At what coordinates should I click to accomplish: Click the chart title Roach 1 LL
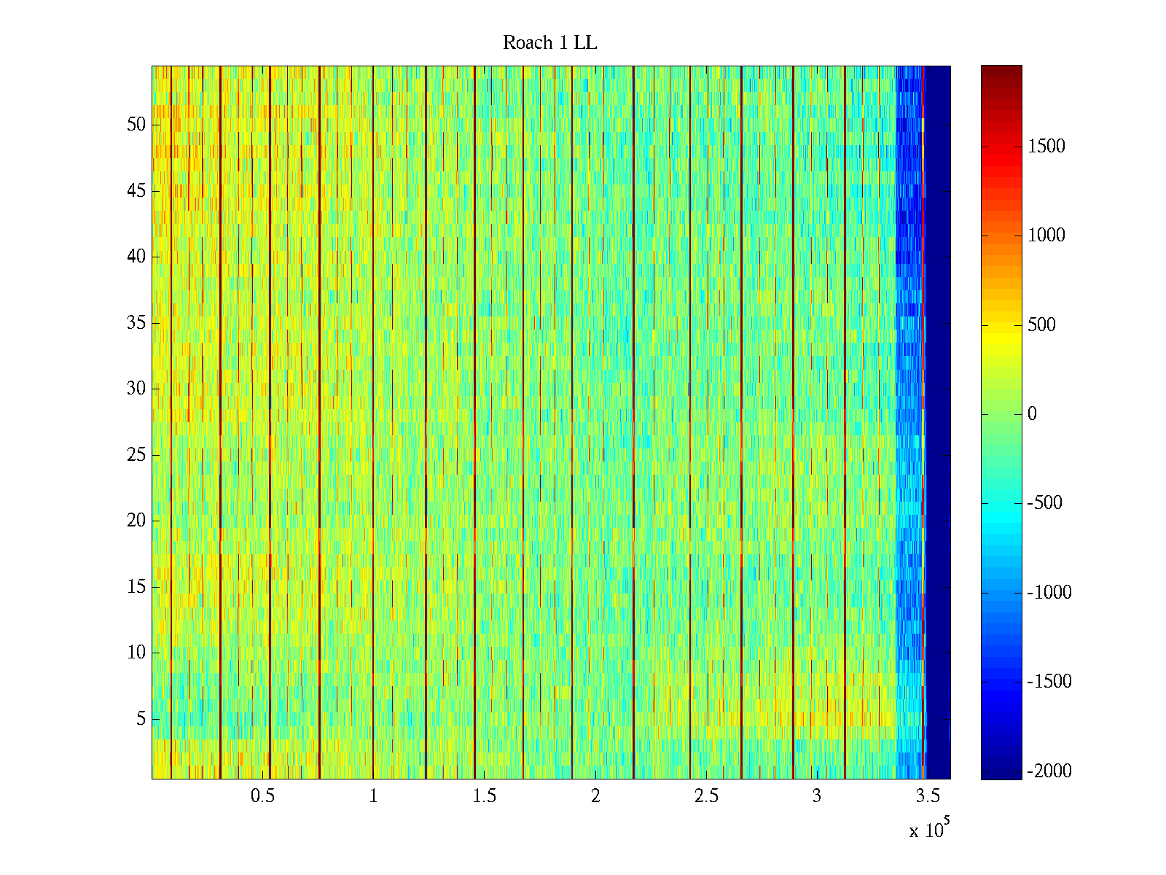pyautogui.click(x=549, y=43)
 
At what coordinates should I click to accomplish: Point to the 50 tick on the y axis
pyautogui.click(x=136, y=125)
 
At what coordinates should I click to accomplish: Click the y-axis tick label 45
pyautogui.click(x=136, y=191)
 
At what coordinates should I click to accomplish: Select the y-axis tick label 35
pyautogui.click(x=136, y=323)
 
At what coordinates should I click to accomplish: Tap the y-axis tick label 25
pyautogui.click(x=136, y=455)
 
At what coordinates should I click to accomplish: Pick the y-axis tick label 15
pyautogui.click(x=136, y=587)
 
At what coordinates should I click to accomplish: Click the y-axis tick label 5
pyautogui.click(x=141, y=719)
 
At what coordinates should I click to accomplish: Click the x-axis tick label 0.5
pyautogui.click(x=262, y=796)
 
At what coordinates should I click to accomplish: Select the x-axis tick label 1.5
pyautogui.click(x=484, y=796)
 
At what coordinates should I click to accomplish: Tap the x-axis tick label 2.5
pyautogui.click(x=705, y=796)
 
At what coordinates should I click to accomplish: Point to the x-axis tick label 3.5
pyautogui.click(x=927, y=796)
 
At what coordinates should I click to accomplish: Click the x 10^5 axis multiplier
pyautogui.click(x=928, y=830)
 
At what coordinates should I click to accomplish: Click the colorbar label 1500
pyautogui.click(x=1046, y=147)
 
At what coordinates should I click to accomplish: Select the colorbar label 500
pyautogui.click(x=1041, y=325)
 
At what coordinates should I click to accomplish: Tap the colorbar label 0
pyautogui.click(x=1032, y=414)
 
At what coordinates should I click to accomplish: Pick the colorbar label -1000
pyautogui.click(x=1049, y=593)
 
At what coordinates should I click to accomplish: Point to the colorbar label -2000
pyautogui.click(x=1049, y=771)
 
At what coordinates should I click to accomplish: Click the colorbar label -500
pyautogui.click(x=1044, y=503)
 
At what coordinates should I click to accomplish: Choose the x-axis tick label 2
pyautogui.click(x=595, y=796)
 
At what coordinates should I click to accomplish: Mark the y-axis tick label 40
pyautogui.click(x=136, y=257)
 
